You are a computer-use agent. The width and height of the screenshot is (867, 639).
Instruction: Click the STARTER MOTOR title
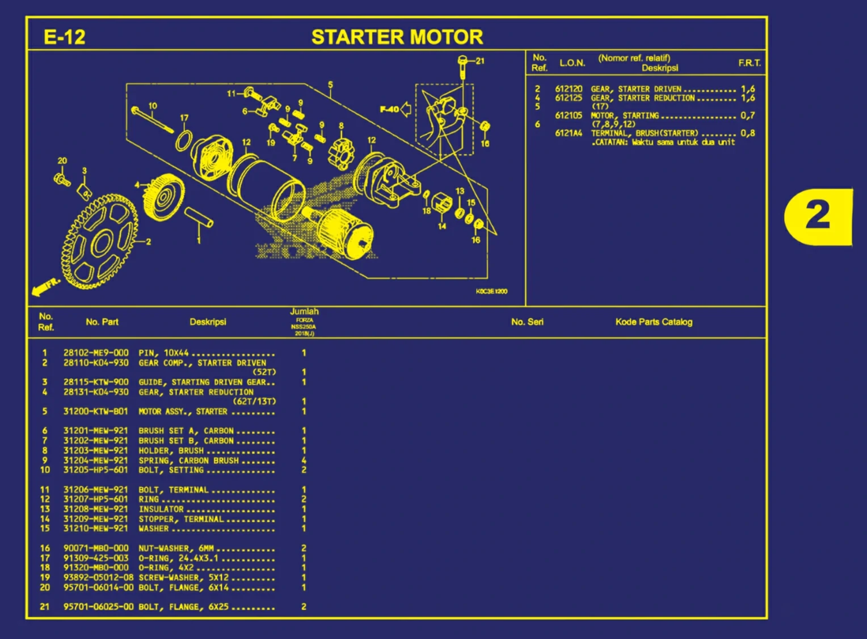(x=397, y=37)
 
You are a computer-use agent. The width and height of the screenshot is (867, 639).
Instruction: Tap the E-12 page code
(x=64, y=37)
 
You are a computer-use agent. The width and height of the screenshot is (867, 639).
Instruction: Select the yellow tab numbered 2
(x=818, y=216)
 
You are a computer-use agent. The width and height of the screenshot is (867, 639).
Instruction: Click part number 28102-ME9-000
(x=96, y=353)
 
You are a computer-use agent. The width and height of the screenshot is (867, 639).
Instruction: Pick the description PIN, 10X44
(x=163, y=353)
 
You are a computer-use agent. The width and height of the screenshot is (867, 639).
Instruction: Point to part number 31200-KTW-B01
(x=96, y=411)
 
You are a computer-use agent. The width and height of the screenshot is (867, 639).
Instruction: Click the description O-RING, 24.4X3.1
(x=178, y=558)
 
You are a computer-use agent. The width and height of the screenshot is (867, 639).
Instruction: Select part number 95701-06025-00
(x=98, y=607)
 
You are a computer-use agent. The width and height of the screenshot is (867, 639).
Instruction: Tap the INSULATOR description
(x=161, y=509)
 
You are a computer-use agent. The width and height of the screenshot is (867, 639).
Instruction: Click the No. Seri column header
(x=527, y=322)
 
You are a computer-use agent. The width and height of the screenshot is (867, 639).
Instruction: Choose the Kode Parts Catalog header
(x=654, y=322)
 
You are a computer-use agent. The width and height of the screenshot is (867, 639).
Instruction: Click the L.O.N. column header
(x=572, y=63)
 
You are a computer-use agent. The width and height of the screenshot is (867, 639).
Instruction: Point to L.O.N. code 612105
(x=569, y=116)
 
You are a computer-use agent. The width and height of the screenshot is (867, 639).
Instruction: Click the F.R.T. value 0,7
(x=747, y=116)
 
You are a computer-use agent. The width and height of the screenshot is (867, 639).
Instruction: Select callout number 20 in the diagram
(x=62, y=161)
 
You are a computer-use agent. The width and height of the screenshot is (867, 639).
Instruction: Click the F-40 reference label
(x=389, y=109)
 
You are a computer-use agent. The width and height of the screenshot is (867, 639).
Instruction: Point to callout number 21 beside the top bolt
(x=480, y=61)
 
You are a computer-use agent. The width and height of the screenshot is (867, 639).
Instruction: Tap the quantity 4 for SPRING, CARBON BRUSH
(x=304, y=460)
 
